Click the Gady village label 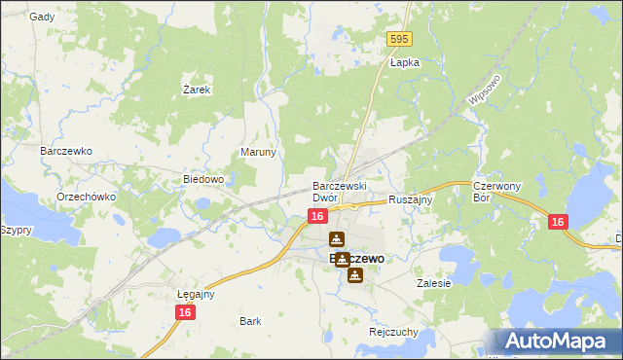coord(42,17)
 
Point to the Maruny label coord(259,153)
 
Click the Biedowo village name coord(204,179)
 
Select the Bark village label coord(250,320)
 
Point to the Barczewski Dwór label coord(338,191)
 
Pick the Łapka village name coord(404,62)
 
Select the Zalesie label coord(434,284)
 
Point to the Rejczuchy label coord(393,331)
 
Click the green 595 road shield coord(399,39)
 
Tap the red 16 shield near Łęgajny coord(186,312)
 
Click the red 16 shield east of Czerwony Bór coord(557,223)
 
